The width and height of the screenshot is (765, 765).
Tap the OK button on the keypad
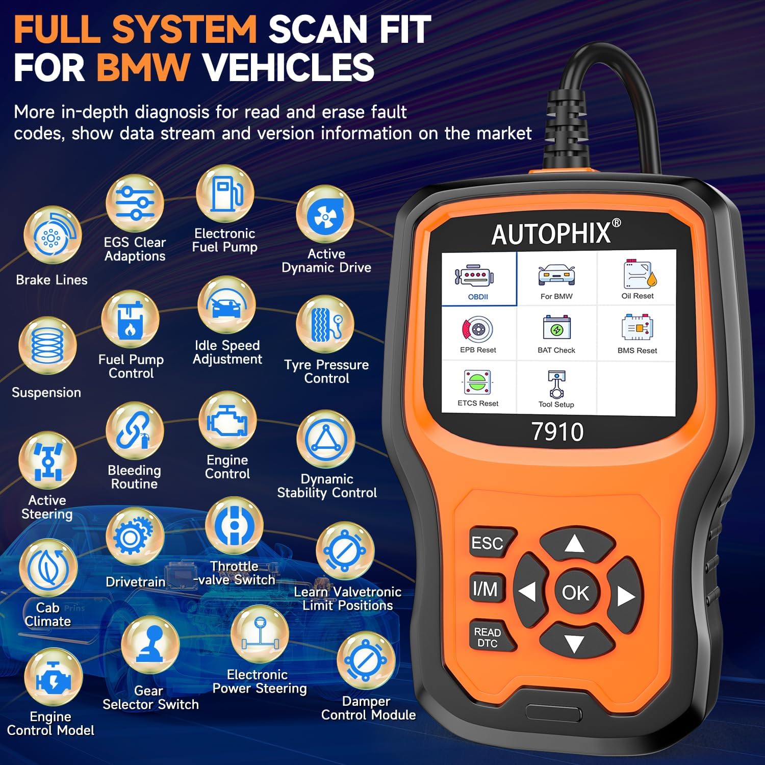(575, 592)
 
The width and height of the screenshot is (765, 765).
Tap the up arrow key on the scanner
(575, 545)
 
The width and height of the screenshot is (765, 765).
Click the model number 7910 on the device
(557, 432)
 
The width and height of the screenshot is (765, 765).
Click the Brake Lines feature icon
(53, 235)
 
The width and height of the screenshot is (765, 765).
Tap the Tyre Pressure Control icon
(325, 324)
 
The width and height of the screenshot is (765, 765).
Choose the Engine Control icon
(227, 421)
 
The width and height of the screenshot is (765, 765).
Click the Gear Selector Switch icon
(150, 645)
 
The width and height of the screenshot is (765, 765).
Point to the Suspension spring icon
(47, 346)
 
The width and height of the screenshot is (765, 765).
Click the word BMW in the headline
(143, 67)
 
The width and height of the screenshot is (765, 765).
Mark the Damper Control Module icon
(366, 660)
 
